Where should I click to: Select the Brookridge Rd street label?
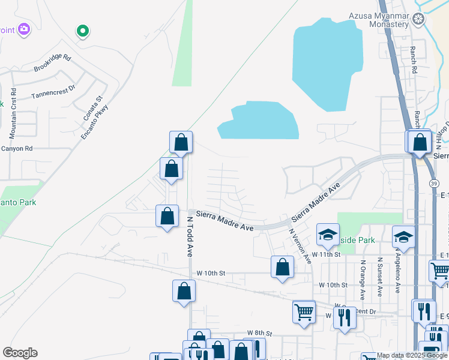click(53, 64)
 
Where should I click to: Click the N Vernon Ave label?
click(300, 245)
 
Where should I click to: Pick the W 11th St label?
click(330, 254)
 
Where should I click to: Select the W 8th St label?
click(259, 333)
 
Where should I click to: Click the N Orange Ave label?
click(363, 279)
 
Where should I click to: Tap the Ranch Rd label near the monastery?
click(414, 60)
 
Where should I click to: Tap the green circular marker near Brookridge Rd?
click(83, 31)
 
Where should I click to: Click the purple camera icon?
click(24, 28)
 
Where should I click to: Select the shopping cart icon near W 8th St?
click(304, 311)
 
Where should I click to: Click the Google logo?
click(20, 353)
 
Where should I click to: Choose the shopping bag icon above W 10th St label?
click(282, 267)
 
